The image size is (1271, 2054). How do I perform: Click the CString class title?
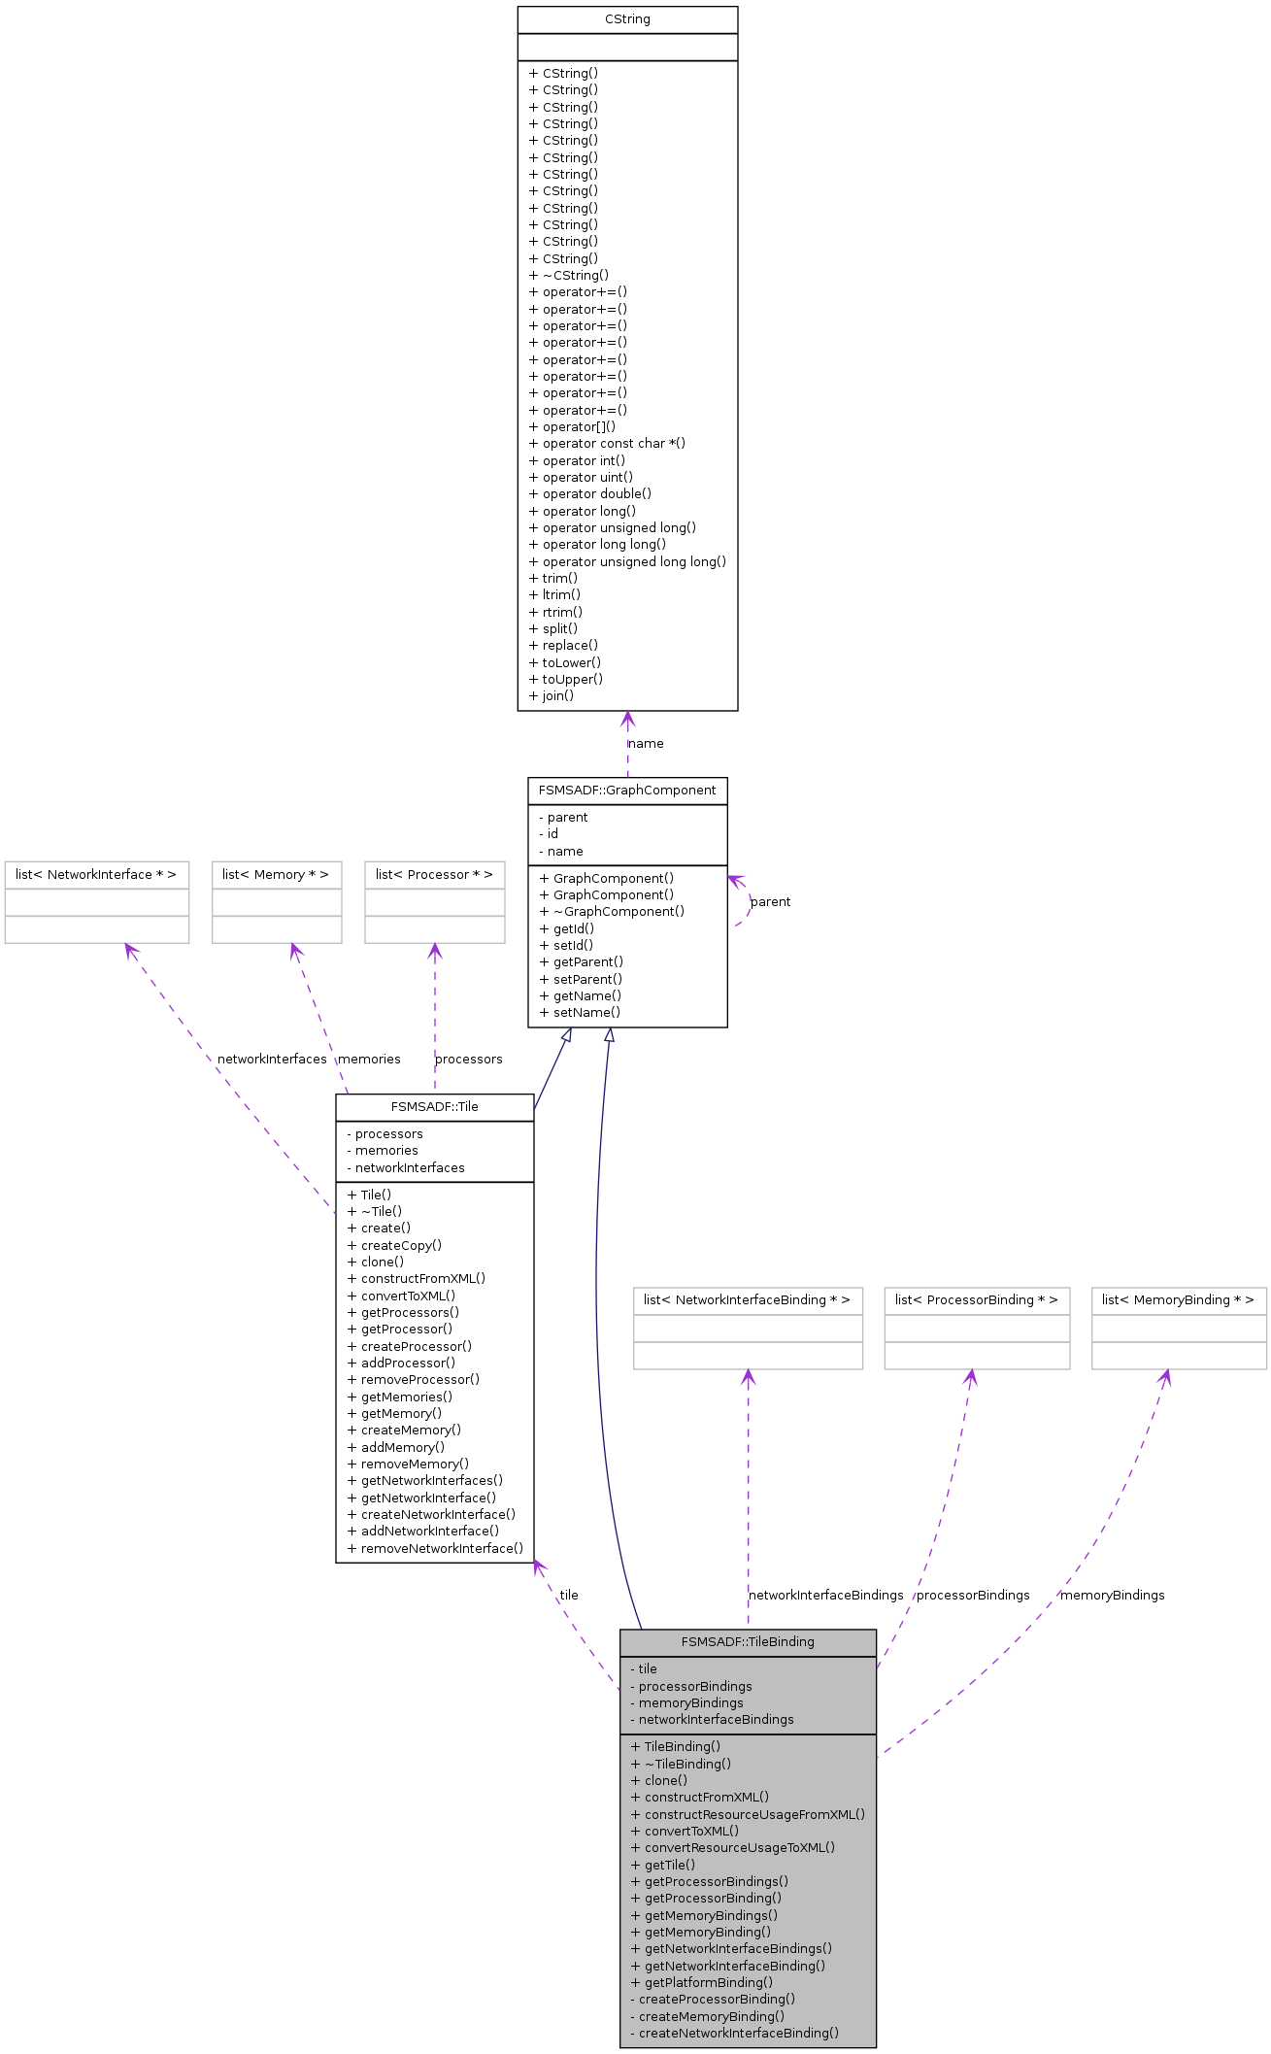coord(627,19)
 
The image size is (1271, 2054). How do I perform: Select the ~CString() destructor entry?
coord(569,275)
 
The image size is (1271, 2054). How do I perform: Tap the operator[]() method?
coord(572,426)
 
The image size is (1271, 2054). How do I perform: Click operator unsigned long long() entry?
coord(627,561)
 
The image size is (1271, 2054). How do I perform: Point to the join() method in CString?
coord(552,695)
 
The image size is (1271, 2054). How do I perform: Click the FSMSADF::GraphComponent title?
coord(627,791)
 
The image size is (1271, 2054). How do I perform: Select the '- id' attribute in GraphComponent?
coord(549,834)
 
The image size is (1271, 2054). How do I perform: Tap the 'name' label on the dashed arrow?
coord(647,744)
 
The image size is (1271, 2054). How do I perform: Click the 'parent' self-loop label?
coord(771,902)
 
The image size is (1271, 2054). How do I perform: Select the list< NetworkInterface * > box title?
coord(96,875)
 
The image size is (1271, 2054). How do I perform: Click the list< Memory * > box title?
coord(276,875)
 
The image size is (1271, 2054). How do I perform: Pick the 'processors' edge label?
coord(469,1060)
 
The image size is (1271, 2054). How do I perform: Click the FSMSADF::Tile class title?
coord(435,1107)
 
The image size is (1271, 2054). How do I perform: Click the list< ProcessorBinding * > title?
coord(977,1300)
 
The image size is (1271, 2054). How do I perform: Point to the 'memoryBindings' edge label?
coord(1113,1596)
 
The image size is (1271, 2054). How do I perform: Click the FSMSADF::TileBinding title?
coord(748,1642)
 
